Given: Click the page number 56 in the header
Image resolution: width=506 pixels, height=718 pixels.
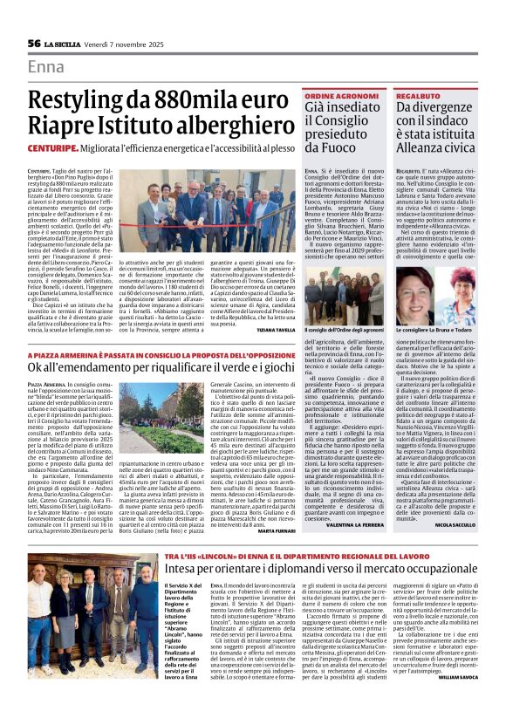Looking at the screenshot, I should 34,43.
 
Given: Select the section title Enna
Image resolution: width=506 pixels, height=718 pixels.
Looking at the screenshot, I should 46,66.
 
